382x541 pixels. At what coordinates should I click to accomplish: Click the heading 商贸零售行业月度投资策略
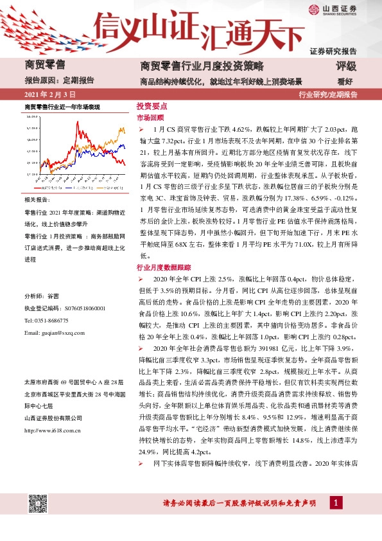point(202,66)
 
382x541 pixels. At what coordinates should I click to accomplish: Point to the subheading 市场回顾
point(150,118)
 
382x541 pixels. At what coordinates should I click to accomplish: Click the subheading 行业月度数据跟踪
point(163,266)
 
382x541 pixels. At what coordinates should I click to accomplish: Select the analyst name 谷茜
point(53,296)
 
